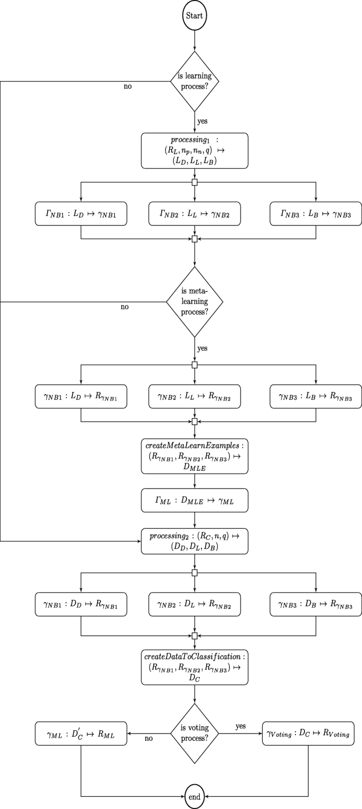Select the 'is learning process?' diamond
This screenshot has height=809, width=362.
point(194,81)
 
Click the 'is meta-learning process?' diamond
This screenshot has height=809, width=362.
point(194,302)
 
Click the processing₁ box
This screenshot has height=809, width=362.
point(194,150)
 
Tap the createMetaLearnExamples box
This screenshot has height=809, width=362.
point(194,455)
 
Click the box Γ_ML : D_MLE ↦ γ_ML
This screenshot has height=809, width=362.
point(194,500)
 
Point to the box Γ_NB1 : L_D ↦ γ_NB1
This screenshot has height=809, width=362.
point(81,214)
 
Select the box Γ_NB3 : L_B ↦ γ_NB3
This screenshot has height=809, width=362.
point(315,214)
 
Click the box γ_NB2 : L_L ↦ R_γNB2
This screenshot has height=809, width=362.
point(194,396)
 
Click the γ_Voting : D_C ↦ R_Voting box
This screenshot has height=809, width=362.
point(308,733)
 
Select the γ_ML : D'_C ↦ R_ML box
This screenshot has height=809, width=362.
point(81,733)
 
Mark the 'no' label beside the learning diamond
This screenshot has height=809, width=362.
point(127,87)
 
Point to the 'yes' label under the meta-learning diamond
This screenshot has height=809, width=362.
point(202,349)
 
